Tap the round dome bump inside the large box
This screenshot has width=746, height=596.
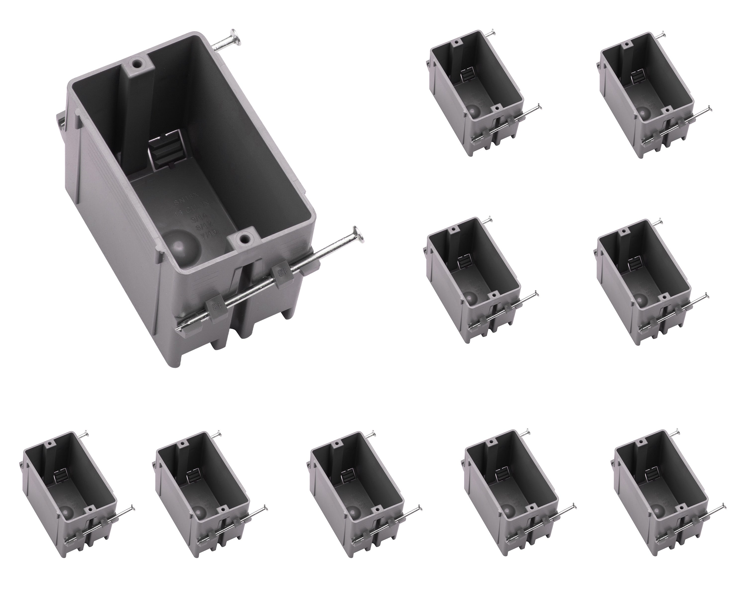tap(180, 245)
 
